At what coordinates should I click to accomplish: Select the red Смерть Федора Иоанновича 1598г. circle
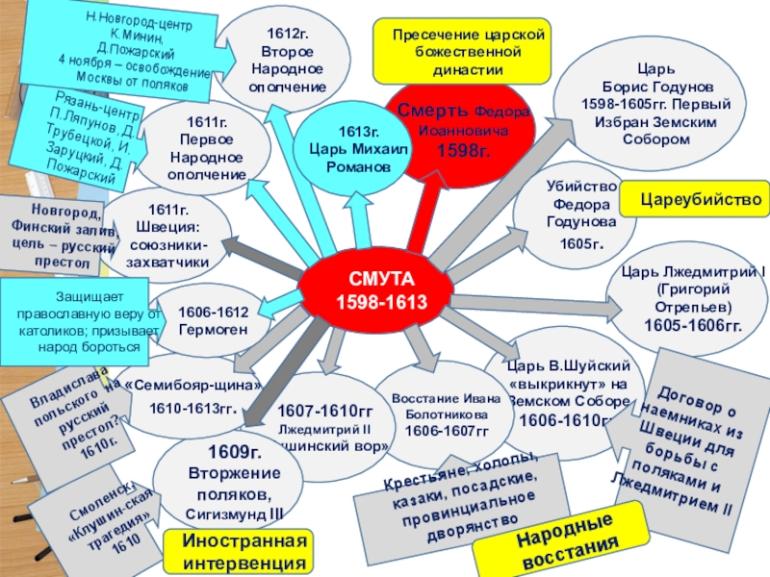462,130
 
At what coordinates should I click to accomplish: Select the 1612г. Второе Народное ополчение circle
288,60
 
